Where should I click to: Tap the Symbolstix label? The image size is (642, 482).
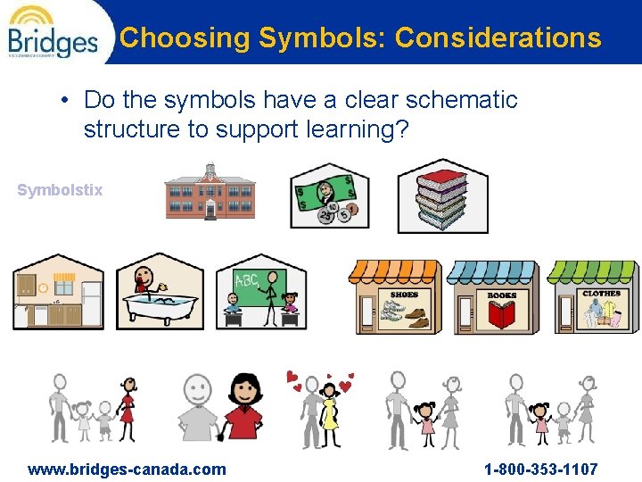click(x=60, y=190)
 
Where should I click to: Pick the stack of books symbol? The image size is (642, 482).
click(x=442, y=195)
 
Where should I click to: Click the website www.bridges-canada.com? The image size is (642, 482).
click(x=127, y=469)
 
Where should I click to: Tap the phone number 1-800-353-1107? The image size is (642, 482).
click(x=541, y=469)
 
